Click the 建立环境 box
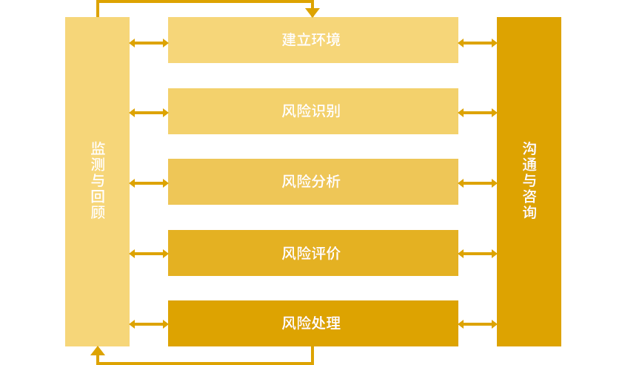pyautogui.click(x=312, y=40)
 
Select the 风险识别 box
pyautogui.click(x=312, y=111)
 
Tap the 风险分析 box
pyautogui.click(x=312, y=182)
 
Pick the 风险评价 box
pyautogui.click(x=312, y=253)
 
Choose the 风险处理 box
pyautogui.click(x=312, y=323)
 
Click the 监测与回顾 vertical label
pyautogui.click(x=98, y=181)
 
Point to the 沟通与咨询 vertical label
pyautogui.click(x=529, y=181)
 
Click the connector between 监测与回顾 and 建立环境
pyautogui.click(x=149, y=43)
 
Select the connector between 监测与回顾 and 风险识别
pyautogui.click(x=149, y=113)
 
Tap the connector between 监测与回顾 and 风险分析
pyautogui.click(x=149, y=183)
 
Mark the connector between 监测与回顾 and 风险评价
pyautogui.click(x=149, y=254)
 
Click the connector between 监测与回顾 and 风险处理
pyautogui.click(x=149, y=324)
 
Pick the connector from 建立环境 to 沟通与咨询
pyautogui.click(x=478, y=43)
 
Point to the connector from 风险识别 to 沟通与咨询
pyautogui.click(x=478, y=113)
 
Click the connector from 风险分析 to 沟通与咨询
pyautogui.click(x=478, y=183)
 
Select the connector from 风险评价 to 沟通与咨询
pyautogui.click(x=478, y=254)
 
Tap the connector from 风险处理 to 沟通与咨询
pyautogui.click(x=478, y=324)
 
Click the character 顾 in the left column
pyautogui.click(x=98, y=212)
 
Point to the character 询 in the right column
pyautogui.click(x=529, y=212)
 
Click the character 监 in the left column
pyautogui.click(x=98, y=148)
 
